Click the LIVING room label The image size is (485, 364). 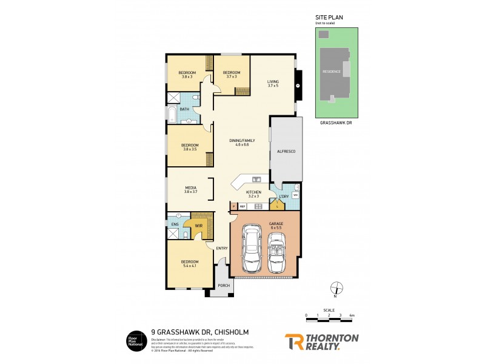point(273,83)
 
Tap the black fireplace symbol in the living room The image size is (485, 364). point(298,86)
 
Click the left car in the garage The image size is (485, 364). point(250,249)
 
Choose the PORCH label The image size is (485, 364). point(223,285)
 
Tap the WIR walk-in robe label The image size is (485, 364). point(198,225)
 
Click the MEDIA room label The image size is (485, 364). point(190,189)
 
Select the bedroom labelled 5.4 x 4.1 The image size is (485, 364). point(190,263)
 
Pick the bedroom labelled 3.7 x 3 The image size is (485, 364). point(231,74)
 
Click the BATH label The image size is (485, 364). point(184,109)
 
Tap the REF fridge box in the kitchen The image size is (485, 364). point(242,207)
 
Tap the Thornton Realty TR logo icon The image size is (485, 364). point(294,342)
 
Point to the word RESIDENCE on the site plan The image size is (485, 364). point(332,71)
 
